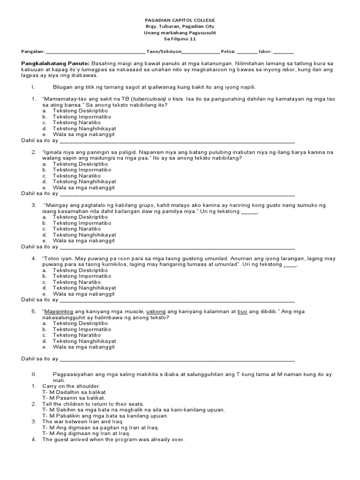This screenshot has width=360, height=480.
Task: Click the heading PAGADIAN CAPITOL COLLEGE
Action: click(180, 21)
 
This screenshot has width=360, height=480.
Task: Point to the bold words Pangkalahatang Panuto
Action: click(55, 63)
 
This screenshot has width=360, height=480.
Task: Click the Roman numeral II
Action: click(33, 375)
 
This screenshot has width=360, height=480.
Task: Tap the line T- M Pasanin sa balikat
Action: click(74, 398)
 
